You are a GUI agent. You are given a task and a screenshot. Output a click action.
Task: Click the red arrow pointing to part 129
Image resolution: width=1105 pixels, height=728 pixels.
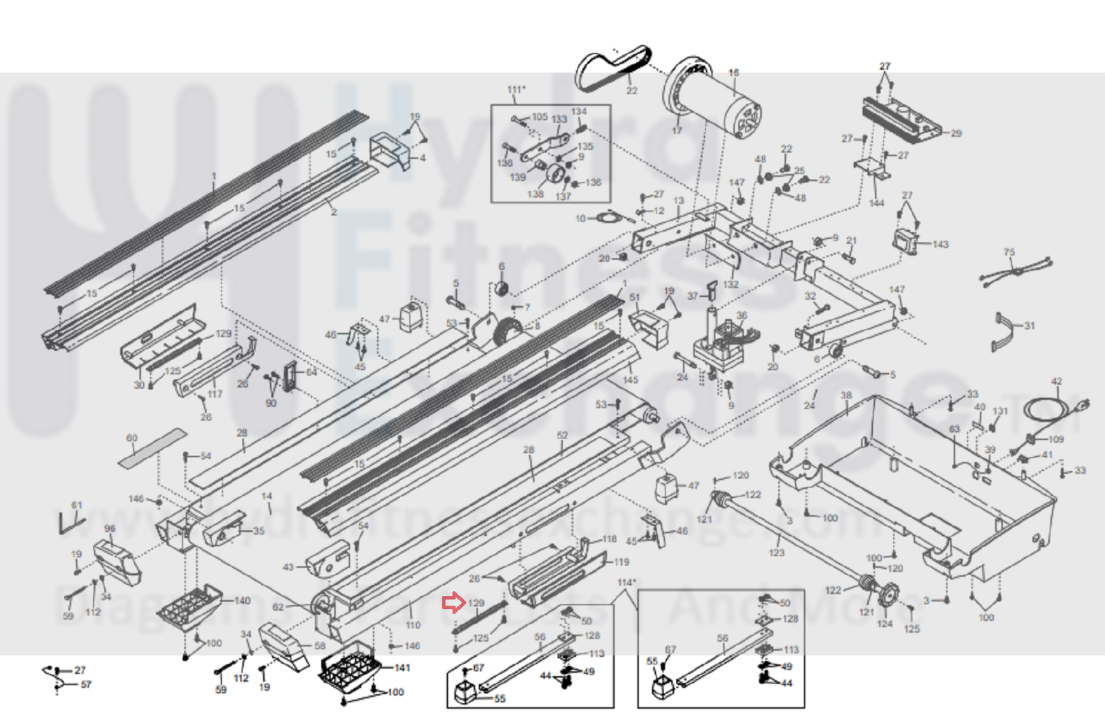[x=453, y=604]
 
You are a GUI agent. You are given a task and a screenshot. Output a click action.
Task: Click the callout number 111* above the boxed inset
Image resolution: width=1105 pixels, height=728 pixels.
[x=516, y=90]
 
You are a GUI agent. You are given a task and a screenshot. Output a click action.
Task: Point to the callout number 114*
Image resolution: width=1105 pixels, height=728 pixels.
[x=627, y=583]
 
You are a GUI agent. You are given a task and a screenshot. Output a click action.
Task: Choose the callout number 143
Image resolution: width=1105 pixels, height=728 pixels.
[x=941, y=244]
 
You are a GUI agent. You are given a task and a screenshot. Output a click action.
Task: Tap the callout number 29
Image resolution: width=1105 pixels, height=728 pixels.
[x=956, y=133]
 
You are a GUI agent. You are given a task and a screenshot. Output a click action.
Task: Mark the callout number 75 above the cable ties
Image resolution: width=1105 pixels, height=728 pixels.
[x=1010, y=252]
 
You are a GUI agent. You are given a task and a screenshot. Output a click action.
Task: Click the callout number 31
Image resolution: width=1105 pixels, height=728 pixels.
[x=1030, y=326]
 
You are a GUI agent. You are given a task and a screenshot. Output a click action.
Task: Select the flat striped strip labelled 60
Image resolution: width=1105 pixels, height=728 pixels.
[x=152, y=449]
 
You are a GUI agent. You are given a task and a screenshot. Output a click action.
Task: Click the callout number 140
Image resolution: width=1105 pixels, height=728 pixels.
[x=242, y=601]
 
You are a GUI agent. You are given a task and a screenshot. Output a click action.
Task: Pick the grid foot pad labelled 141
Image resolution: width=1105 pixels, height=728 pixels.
[x=349, y=667]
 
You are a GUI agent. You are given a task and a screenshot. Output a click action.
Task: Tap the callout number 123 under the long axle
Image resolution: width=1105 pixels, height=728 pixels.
[x=777, y=552]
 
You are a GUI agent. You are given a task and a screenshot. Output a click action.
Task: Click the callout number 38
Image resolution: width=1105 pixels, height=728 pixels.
[x=847, y=395]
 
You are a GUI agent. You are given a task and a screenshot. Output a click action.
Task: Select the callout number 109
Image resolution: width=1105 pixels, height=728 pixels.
[x=1056, y=439]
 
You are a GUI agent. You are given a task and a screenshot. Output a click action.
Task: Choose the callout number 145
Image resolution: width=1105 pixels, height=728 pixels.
[x=630, y=380]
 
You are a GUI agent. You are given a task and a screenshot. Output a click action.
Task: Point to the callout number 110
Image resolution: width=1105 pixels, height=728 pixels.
[x=413, y=625]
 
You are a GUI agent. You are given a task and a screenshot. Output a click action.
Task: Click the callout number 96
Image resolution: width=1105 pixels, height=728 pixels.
[x=110, y=528]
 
